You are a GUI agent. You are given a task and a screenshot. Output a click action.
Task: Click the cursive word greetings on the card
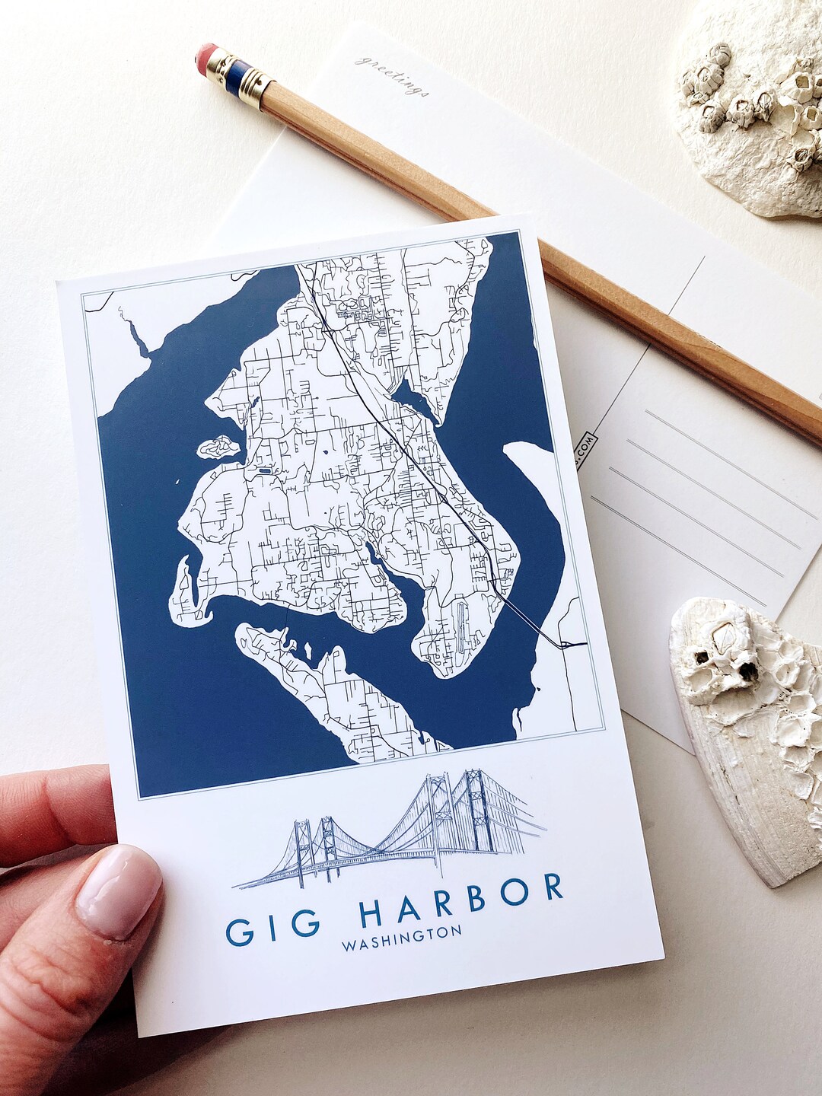coord(393,76)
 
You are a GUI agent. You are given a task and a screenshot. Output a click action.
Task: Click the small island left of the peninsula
coord(218,447)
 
